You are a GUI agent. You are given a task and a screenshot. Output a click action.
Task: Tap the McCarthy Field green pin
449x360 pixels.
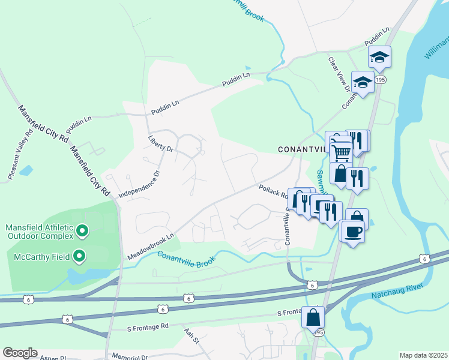pyautogui.click(x=79, y=257)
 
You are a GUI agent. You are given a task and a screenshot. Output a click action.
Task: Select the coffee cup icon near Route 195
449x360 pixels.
pyautogui.click(x=354, y=230)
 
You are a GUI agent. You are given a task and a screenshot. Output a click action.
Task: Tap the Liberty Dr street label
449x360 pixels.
pyautogui.click(x=160, y=146)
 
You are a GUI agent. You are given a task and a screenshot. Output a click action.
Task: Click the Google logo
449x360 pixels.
pyautogui.click(x=20, y=353)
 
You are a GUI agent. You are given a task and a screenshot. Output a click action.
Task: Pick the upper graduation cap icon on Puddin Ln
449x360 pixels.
pyautogui.click(x=379, y=57)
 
